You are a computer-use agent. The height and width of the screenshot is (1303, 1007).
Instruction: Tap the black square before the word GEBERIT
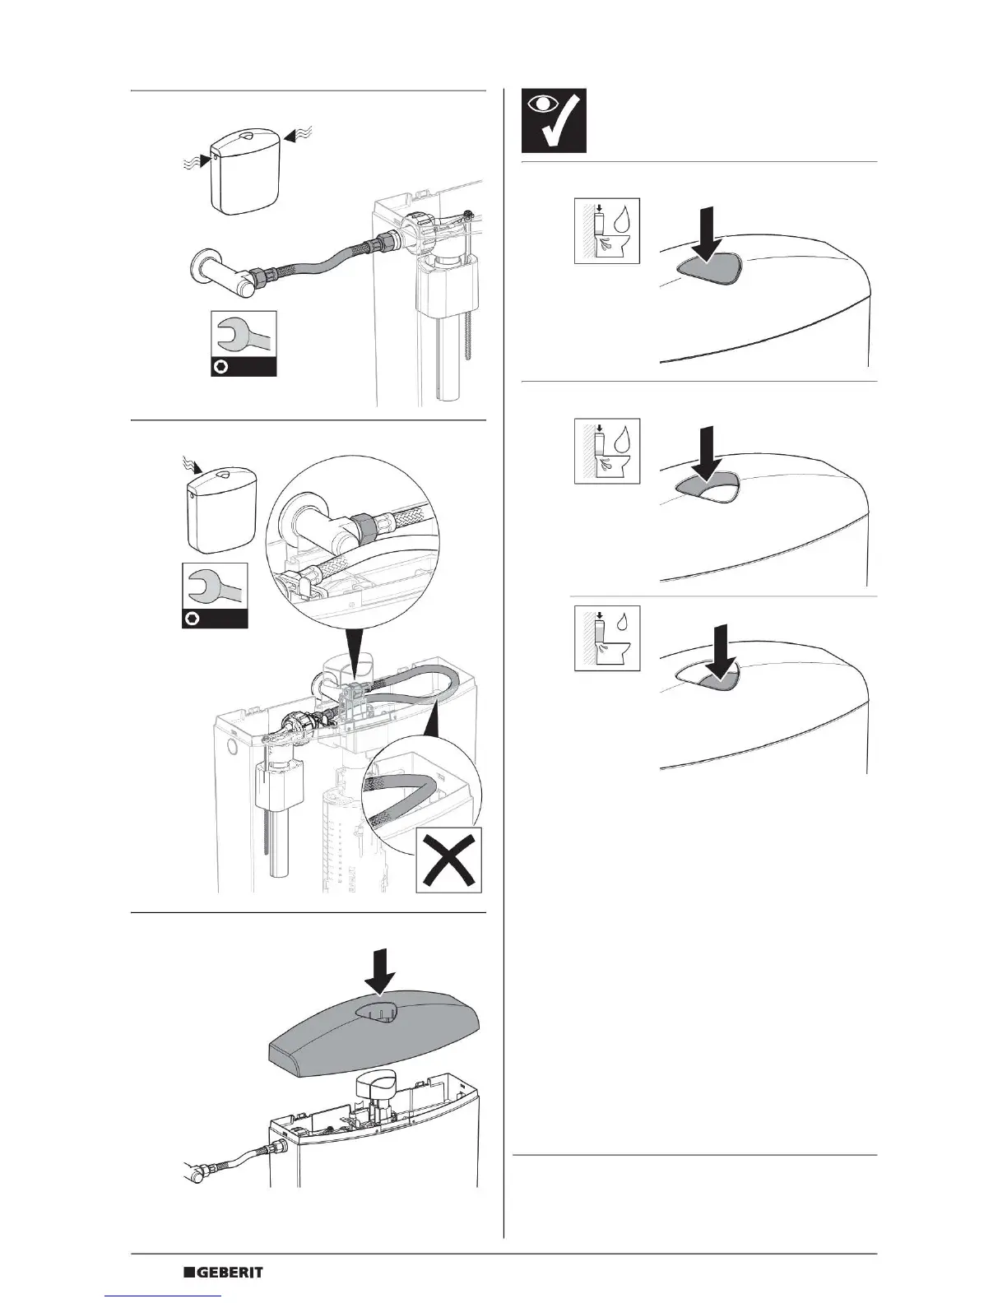[188, 1272]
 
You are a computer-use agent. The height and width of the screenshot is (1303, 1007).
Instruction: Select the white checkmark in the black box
[567, 123]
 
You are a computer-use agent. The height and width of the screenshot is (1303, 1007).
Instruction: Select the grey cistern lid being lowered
[378, 1028]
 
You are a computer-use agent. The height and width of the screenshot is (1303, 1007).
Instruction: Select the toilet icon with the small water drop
[606, 639]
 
